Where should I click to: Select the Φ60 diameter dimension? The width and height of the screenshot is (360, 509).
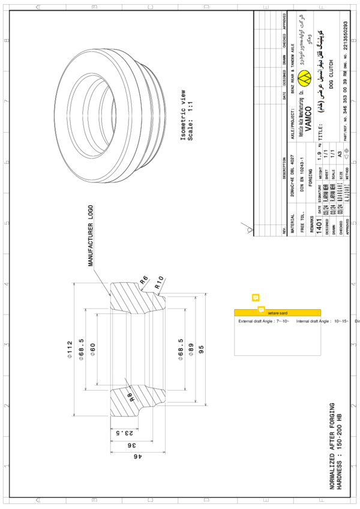click(x=92, y=351)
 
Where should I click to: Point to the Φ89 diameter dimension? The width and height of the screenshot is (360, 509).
click(x=190, y=351)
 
